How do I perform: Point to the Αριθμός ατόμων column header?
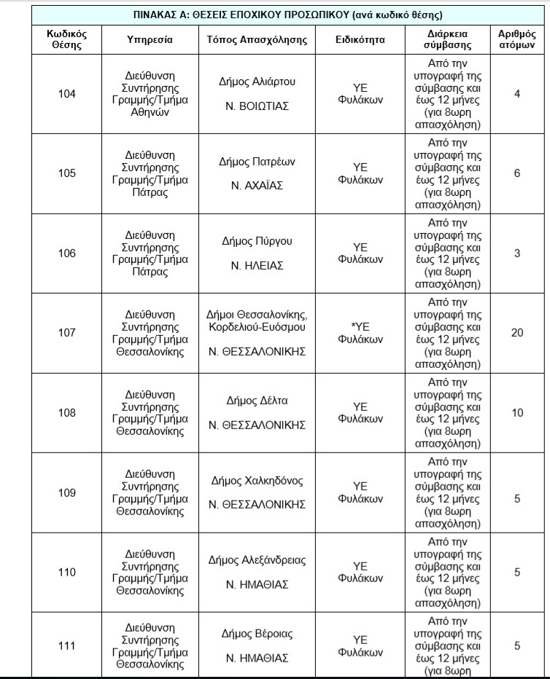(517, 39)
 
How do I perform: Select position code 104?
(66, 93)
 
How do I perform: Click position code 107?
(66, 333)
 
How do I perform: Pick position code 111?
(66, 645)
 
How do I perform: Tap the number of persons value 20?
(517, 333)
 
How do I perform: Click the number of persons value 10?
(517, 413)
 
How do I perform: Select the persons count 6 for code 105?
(517, 173)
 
